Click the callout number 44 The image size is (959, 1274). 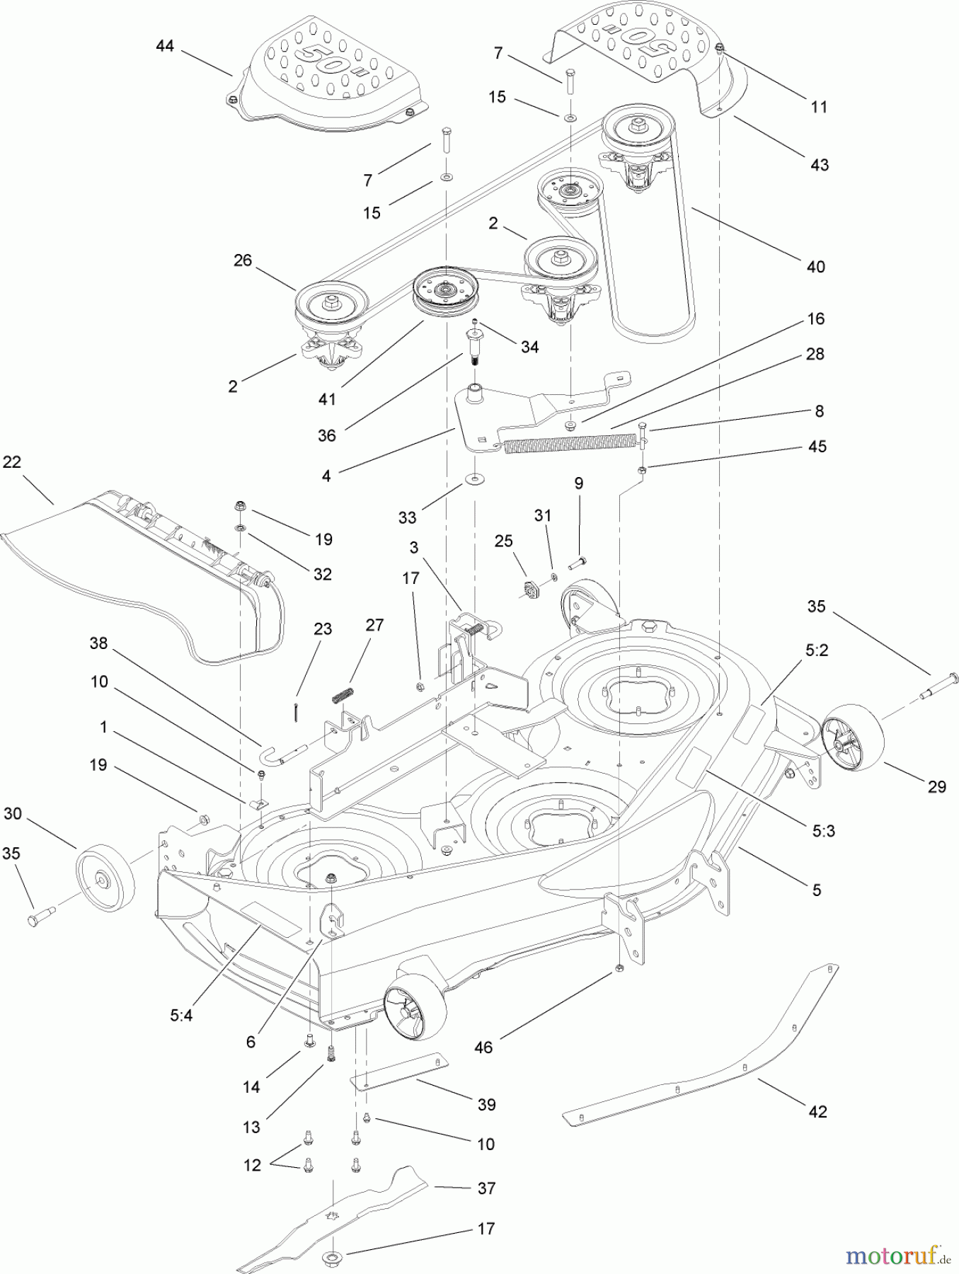pos(164,46)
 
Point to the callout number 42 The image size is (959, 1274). pos(817,1112)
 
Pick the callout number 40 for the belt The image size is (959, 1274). pos(816,267)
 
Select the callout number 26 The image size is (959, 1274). pos(243,260)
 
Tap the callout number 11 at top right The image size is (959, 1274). pos(819,107)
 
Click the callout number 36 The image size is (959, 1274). pos(326,435)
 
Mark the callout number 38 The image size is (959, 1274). pos(98,643)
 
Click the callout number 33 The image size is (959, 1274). pos(407,517)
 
